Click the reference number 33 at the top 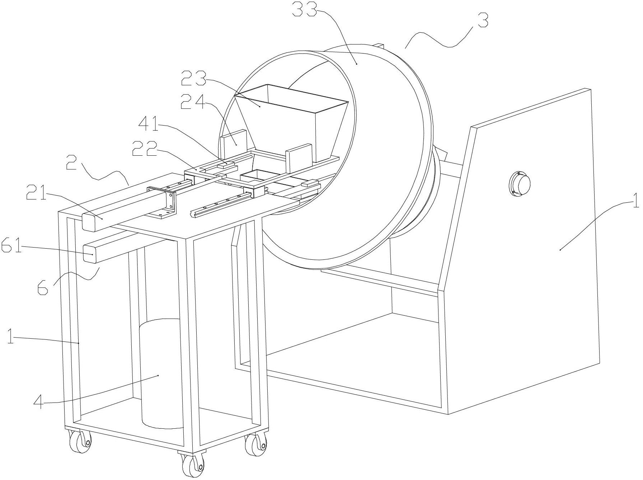305,10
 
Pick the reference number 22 145,148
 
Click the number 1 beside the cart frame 11,338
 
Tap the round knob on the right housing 520,184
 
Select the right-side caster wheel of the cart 255,445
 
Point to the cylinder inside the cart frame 161,373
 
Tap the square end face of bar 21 90,222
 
